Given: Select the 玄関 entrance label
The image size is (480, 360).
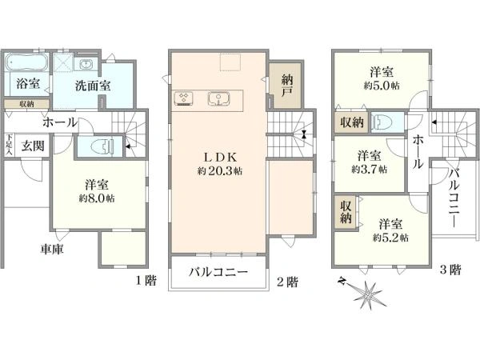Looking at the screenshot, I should pyautogui.click(x=33, y=146).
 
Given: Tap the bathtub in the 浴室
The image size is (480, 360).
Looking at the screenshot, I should pyautogui.click(x=26, y=62).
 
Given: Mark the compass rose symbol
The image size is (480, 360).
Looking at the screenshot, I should pyautogui.click(x=367, y=293).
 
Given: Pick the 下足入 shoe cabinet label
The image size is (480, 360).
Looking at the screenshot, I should pyautogui.click(x=9, y=145).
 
